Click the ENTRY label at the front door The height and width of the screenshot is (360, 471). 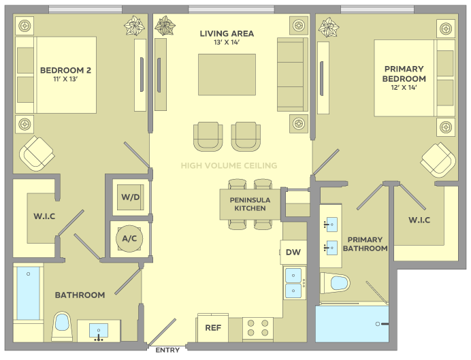[167, 350]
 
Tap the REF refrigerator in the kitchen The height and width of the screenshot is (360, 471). [213, 327]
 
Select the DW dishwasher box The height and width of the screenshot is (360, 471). [293, 252]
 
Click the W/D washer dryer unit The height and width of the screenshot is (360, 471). [131, 197]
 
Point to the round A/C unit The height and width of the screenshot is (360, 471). [129, 239]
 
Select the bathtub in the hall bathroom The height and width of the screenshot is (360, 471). [28, 293]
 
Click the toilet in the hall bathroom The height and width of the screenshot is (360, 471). [62, 327]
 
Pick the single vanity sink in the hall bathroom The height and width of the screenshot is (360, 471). [99, 331]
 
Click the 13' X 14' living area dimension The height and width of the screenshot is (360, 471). [227, 42]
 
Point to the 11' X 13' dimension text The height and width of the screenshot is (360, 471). [65, 79]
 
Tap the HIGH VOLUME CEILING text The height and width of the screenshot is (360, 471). [229, 165]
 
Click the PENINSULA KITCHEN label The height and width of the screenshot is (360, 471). [250, 204]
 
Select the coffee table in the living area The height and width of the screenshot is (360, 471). [227, 74]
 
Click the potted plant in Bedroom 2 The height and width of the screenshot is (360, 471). [134, 25]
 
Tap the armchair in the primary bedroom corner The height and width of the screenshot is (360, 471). [438, 160]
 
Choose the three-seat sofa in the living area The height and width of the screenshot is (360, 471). [293, 74]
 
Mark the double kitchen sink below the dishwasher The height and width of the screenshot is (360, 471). [294, 283]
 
